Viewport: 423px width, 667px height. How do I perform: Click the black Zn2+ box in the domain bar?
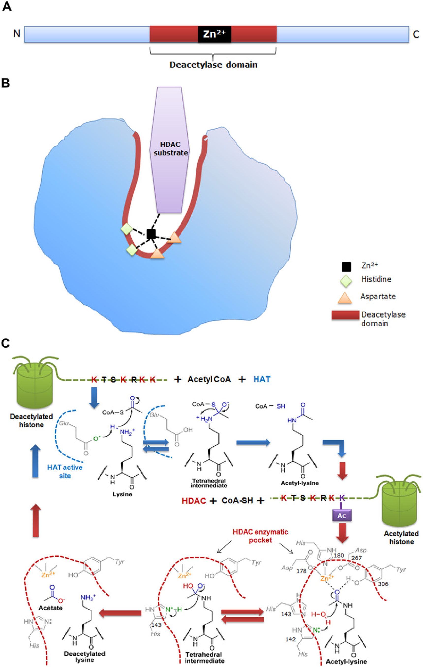pyautogui.click(x=214, y=34)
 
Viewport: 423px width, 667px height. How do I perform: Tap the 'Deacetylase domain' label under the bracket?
pyautogui.click(x=213, y=65)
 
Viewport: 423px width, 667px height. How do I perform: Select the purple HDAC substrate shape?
pyautogui.click(x=169, y=150)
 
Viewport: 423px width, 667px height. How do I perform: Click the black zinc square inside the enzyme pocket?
pyautogui.click(x=151, y=234)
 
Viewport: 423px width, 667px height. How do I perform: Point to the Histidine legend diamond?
pyautogui.click(x=346, y=281)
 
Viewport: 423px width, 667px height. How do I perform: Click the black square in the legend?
pyautogui.click(x=346, y=267)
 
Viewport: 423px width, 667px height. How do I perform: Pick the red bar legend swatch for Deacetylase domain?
pyautogui.click(x=345, y=315)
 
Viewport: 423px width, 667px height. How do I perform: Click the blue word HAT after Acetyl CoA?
pyautogui.click(x=262, y=379)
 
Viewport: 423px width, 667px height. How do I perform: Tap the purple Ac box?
pyautogui.click(x=342, y=515)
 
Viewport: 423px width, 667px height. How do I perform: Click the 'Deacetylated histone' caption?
pyautogui.click(x=31, y=421)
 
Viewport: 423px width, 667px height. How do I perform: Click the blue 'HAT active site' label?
pyautogui.click(x=65, y=471)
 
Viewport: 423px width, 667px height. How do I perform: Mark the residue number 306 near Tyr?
pyautogui.click(x=383, y=584)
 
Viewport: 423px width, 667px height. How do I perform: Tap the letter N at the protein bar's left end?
pyautogui.click(x=17, y=33)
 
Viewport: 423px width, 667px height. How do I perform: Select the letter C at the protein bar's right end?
pyautogui.click(x=416, y=34)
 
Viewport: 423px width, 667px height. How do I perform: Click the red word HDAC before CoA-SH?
pyautogui.click(x=194, y=501)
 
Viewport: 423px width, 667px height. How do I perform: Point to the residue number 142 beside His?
pyautogui.click(x=291, y=639)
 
